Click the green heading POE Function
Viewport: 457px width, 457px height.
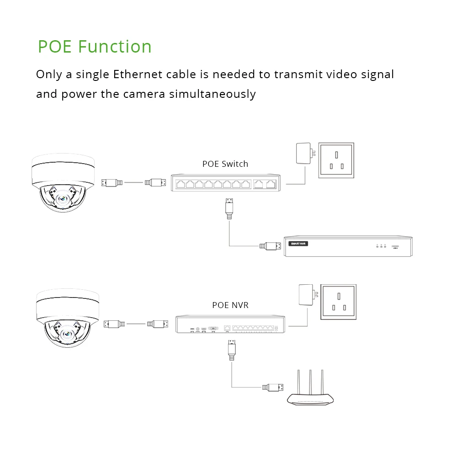(x=95, y=47)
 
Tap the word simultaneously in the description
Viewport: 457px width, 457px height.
(x=213, y=94)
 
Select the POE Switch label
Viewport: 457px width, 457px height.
(x=225, y=164)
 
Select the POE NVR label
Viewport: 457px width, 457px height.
(x=230, y=305)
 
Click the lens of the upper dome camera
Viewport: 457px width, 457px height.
(x=63, y=198)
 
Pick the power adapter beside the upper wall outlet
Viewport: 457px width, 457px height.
(x=303, y=154)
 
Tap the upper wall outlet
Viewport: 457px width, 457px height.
(x=336, y=160)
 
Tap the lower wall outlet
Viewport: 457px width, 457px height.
(x=338, y=302)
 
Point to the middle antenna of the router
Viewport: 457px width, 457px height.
(x=310, y=383)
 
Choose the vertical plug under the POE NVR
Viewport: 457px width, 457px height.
(x=232, y=349)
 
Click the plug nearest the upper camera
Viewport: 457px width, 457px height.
(x=112, y=183)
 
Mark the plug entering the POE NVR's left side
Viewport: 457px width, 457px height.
(x=158, y=324)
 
